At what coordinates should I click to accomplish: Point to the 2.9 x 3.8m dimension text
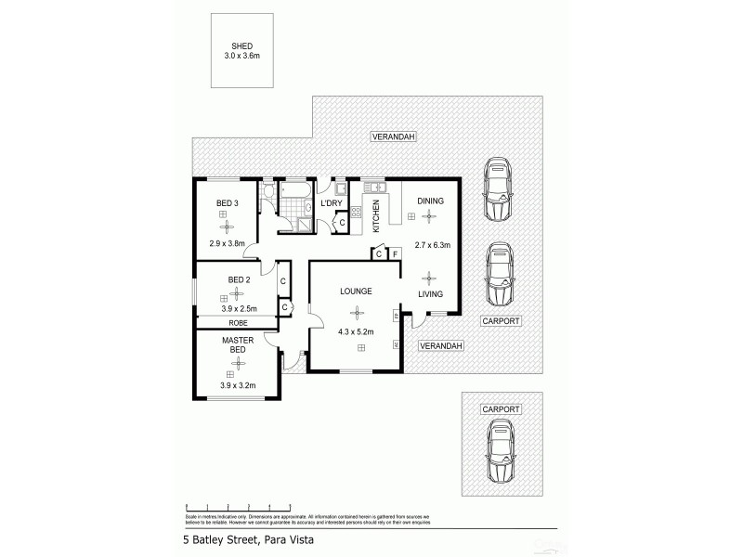228,245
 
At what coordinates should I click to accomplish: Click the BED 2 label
239,279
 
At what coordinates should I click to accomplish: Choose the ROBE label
238,322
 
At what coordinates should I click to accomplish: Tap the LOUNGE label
356,291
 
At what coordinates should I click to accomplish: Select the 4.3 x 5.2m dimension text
356,330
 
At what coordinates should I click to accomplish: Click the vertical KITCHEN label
376,215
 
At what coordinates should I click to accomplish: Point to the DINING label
430,201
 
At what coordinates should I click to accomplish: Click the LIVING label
429,294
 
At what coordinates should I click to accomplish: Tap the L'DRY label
331,203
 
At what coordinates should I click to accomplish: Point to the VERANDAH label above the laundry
393,136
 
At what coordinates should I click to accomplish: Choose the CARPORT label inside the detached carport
501,408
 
